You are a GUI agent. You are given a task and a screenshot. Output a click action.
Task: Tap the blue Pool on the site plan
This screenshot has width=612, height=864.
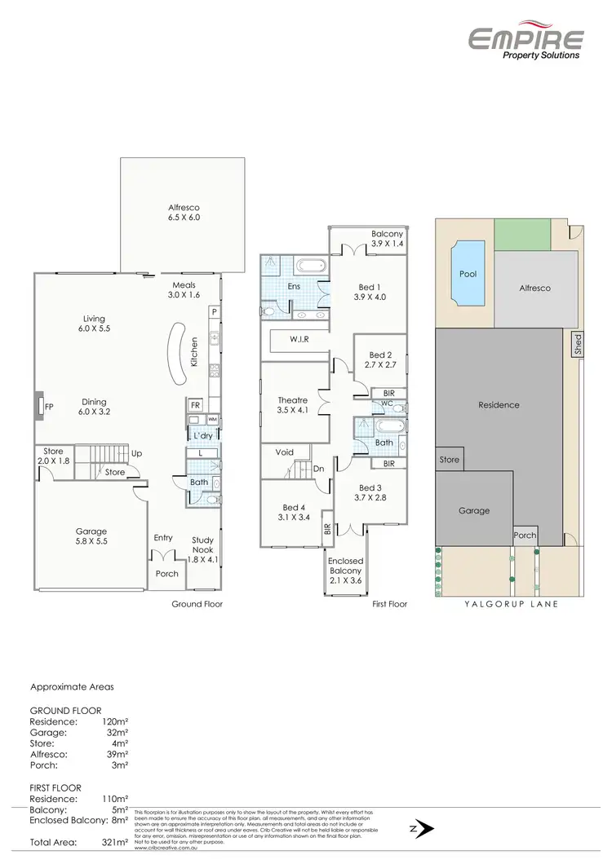[468, 274]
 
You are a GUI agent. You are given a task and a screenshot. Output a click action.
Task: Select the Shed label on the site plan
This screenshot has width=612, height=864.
[579, 342]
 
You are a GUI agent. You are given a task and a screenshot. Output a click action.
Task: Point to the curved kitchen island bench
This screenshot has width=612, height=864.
[175, 352]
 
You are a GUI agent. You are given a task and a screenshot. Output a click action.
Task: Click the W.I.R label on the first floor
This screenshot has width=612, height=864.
[299, 339]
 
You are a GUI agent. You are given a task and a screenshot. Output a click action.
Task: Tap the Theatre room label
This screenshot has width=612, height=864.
[292, 405]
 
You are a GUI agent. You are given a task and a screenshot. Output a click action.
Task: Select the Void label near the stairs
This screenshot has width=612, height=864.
[285, 452]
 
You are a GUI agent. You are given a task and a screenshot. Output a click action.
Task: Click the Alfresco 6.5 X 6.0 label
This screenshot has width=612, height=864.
[184, 213]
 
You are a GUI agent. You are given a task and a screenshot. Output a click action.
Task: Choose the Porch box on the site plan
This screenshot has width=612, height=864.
[525, 536]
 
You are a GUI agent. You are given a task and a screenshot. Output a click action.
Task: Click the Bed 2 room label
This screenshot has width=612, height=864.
[380, 360]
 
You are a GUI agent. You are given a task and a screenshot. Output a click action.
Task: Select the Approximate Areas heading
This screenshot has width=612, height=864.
[72, 687]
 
